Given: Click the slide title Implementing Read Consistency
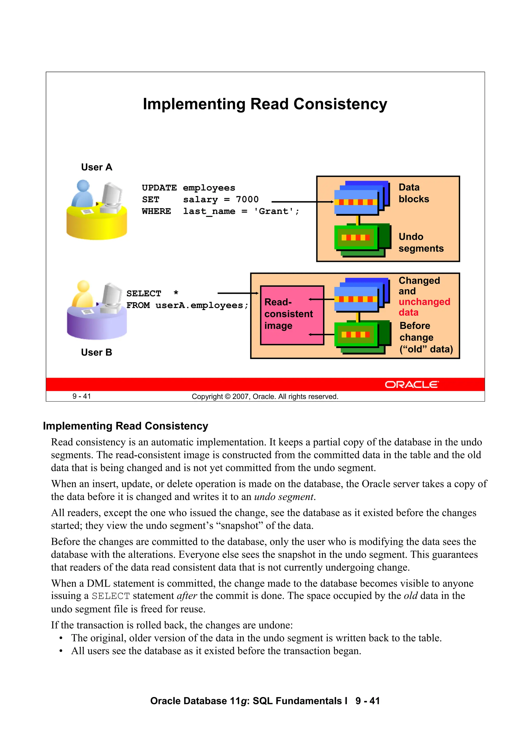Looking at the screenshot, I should (x=265, y=104).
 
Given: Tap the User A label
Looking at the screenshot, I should (x=96, y=167).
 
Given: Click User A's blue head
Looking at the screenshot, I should (x=83, y=186).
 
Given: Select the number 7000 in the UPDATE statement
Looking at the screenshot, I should (x=247, y=199).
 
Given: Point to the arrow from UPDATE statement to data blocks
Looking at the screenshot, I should (x=301, y=202).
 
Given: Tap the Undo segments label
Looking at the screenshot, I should (x=421, y=243).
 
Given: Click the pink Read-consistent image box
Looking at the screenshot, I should (x=292, y=315).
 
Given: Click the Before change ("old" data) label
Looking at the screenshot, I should (x=426, y=337).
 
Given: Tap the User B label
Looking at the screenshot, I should (x=96, y=353).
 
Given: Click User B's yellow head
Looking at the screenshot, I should (x=83, y=286).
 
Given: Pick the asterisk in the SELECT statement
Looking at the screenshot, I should (x=176, y=293).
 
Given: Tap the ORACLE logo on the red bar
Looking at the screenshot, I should (x=411, y=384).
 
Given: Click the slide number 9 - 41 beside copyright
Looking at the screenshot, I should (x=81, y=396).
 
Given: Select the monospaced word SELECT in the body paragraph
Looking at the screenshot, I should (x=111, y=596).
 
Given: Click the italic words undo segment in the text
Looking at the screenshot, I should (x=284, y=497).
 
